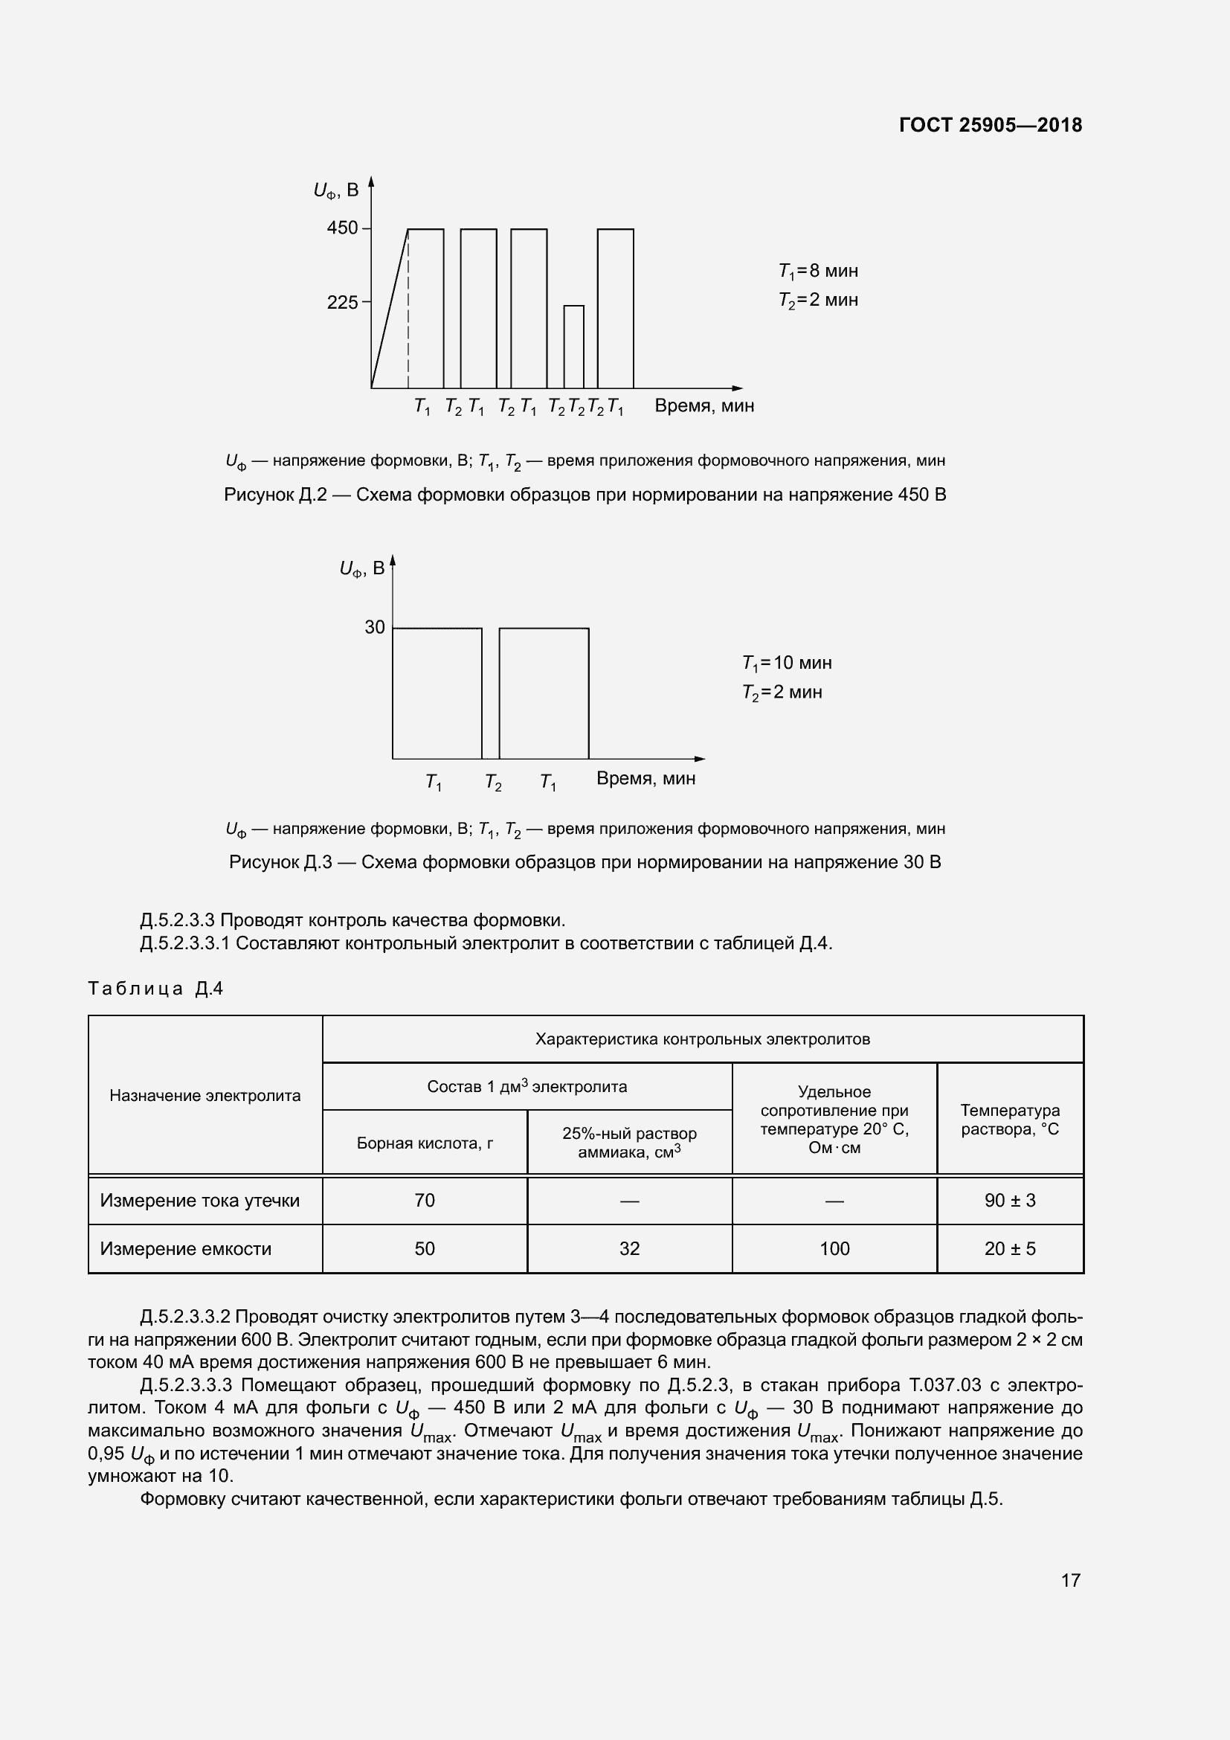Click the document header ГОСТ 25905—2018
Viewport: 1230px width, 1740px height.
990,125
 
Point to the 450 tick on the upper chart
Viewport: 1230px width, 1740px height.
342,228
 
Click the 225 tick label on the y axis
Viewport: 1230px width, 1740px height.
342,302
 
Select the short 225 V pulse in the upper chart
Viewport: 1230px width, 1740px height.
573,347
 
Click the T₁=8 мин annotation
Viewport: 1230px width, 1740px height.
818,272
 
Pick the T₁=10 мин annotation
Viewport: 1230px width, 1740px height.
787,663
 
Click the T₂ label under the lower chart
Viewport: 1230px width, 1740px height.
493,781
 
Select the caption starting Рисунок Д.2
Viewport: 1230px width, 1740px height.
585,495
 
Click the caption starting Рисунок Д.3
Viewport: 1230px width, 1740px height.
585,862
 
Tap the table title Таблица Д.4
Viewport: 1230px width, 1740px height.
155,988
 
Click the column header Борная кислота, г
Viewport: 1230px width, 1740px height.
424,1143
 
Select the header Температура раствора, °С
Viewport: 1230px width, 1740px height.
1010,1120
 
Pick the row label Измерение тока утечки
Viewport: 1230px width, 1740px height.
200,1201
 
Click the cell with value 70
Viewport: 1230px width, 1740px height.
424,1201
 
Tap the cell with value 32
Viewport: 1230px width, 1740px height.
629,1249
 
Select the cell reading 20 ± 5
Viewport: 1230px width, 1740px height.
1010,1249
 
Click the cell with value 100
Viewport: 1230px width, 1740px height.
834,1249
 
